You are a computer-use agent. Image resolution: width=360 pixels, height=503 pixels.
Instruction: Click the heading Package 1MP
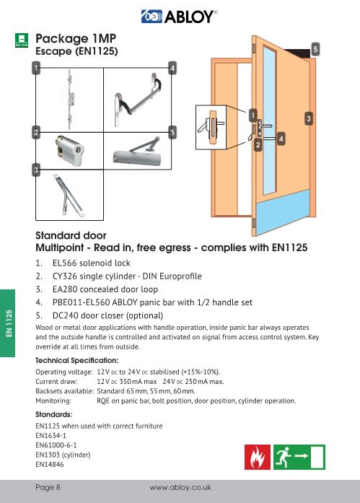[x=76, y=38]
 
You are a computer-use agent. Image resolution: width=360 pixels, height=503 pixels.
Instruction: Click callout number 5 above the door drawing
[x=315, y=48]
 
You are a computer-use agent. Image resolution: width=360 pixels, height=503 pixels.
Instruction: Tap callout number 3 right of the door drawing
[x=309, y=117]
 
